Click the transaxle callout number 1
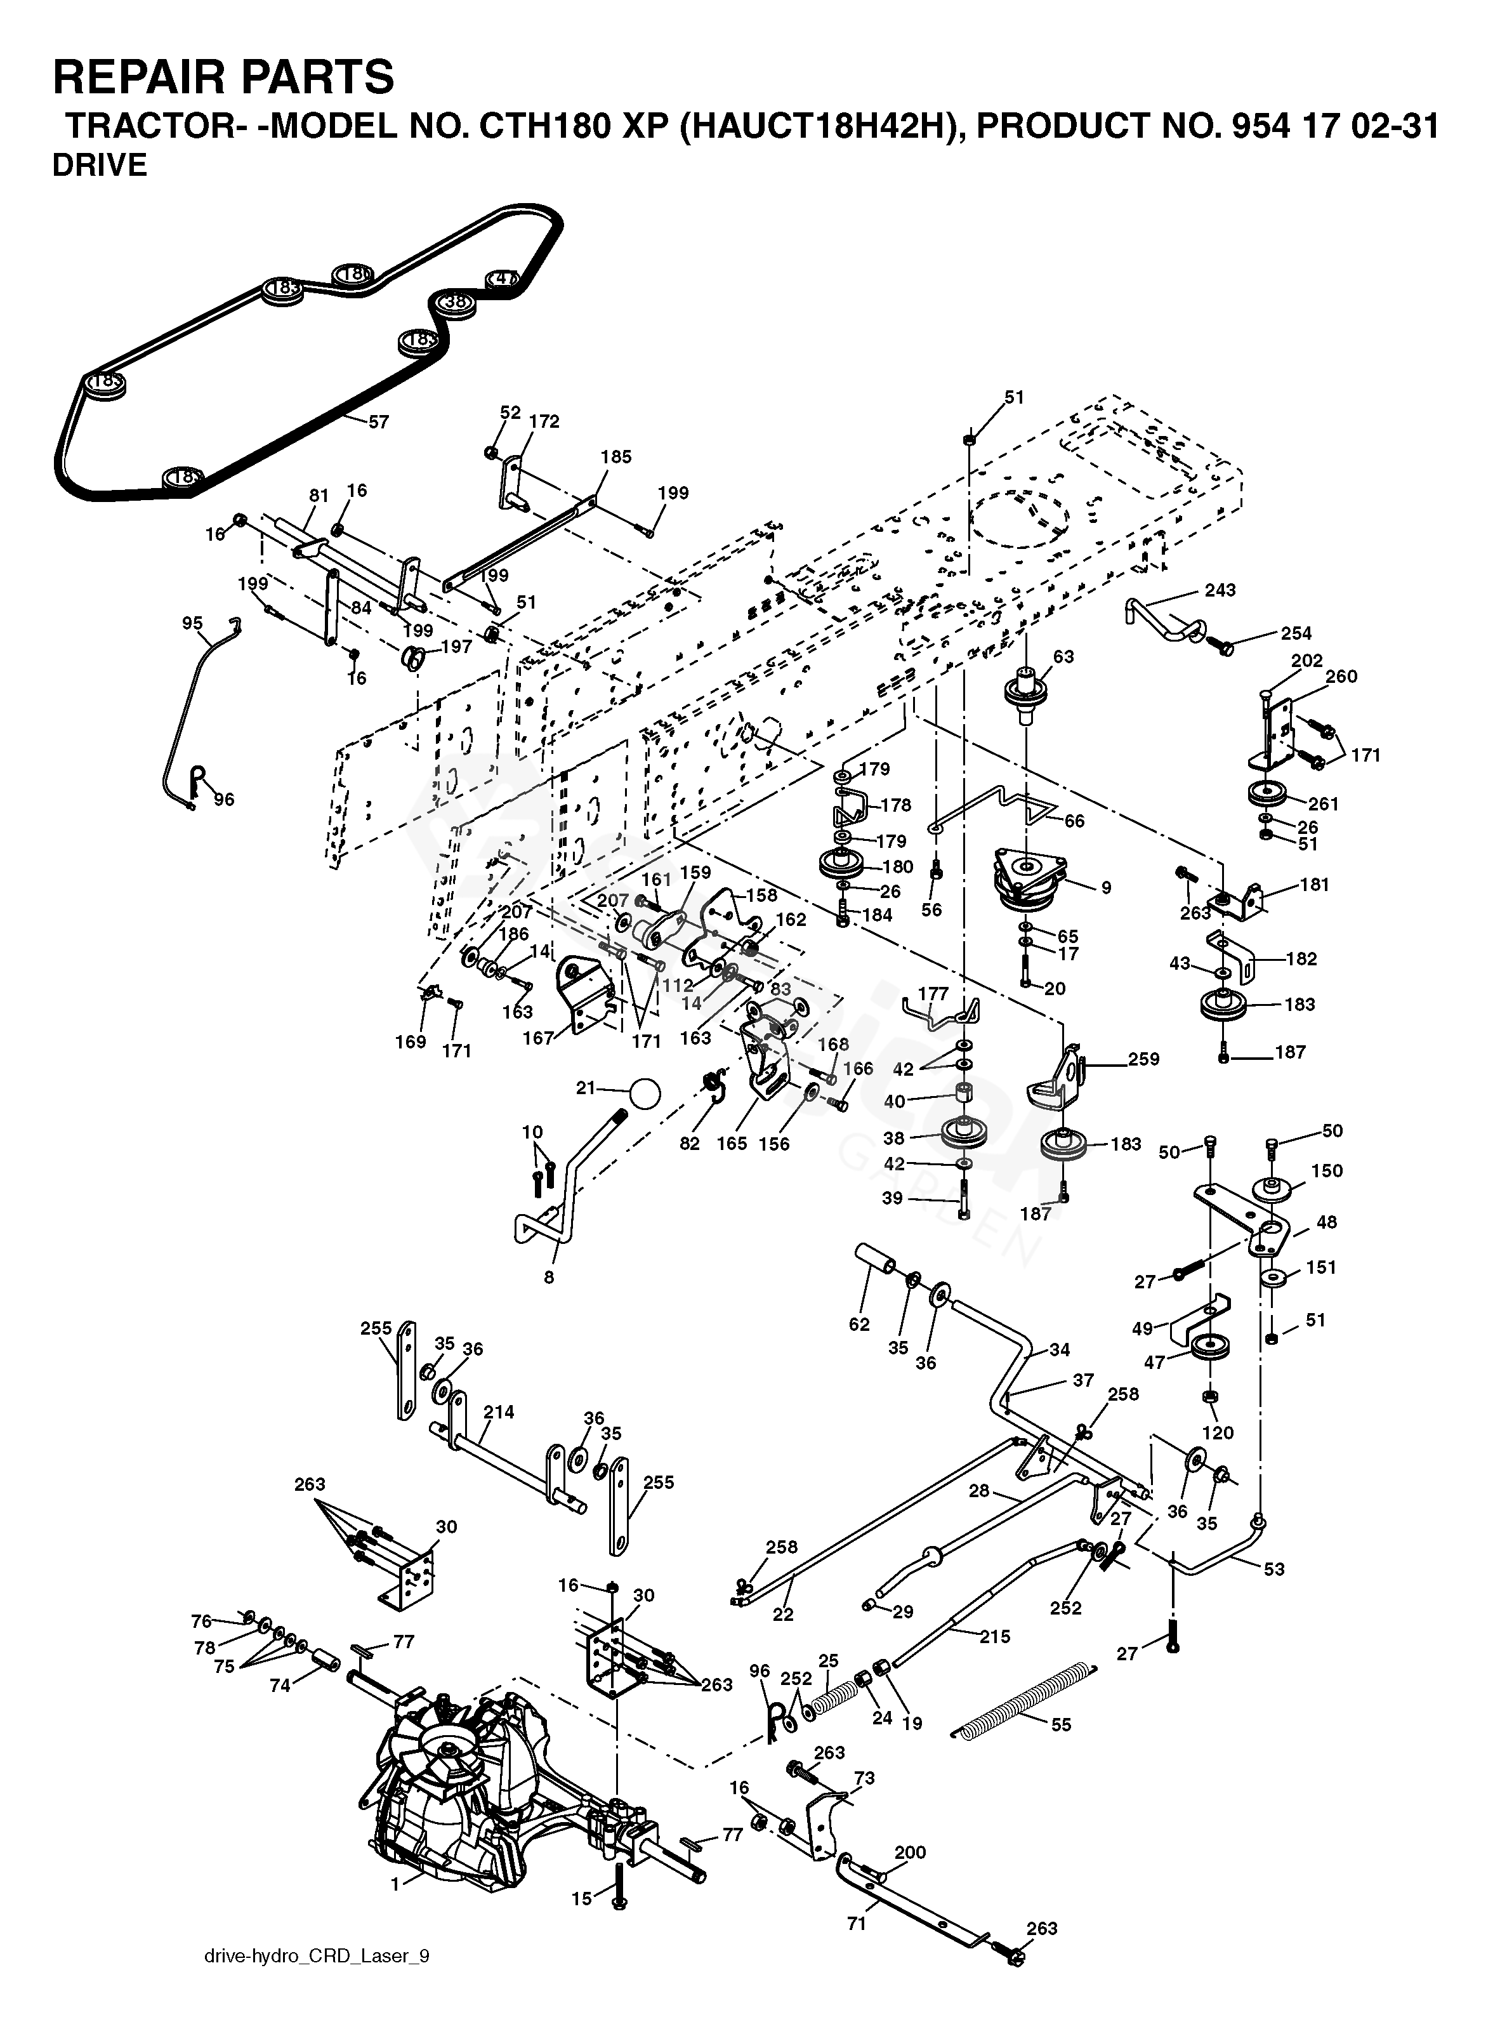tap(395, 1885)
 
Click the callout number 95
tap(192, 623)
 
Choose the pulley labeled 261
tap(1270, 795)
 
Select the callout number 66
tap(1074, 821)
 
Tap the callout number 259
tap(1143, 1059)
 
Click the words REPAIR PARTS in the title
tap(223, 76)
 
